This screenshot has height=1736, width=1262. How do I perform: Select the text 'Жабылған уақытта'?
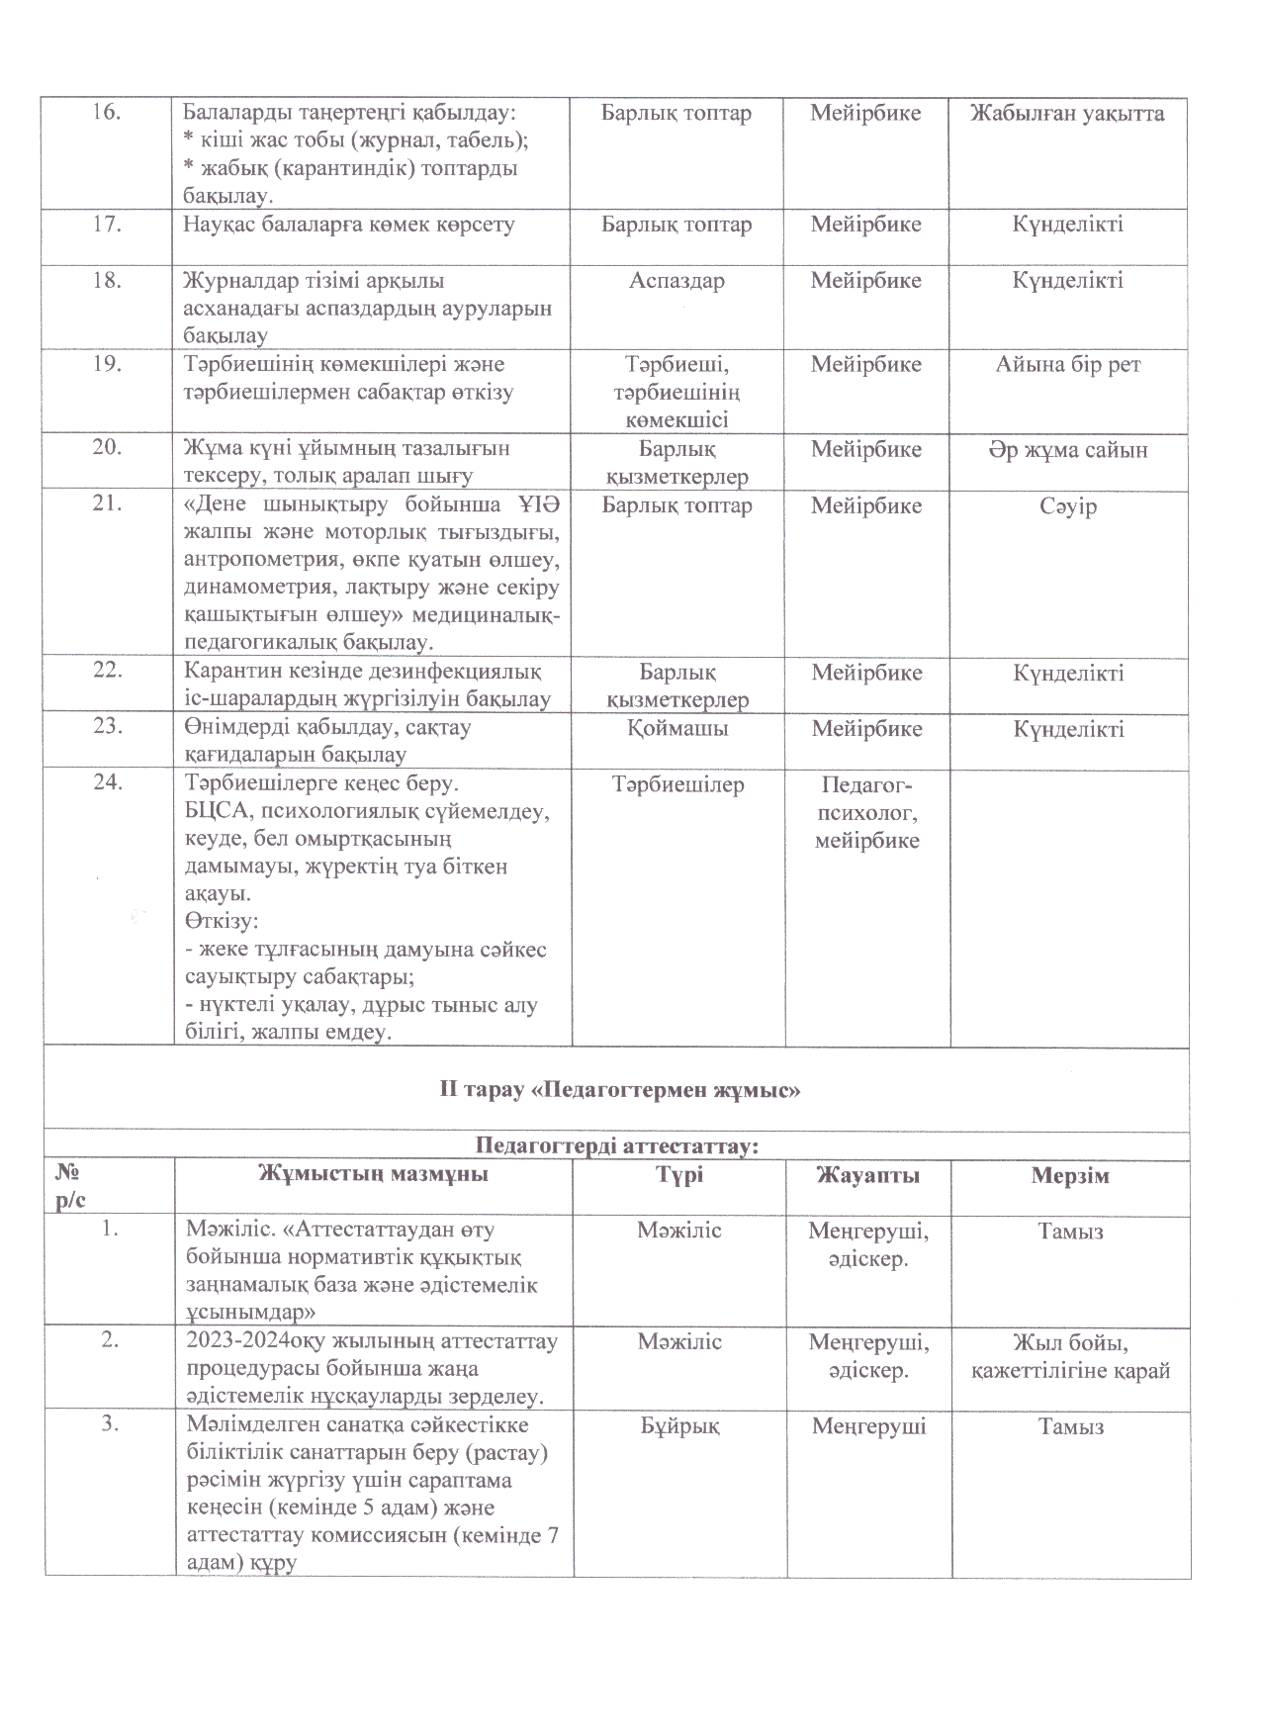[x=1067, y=113]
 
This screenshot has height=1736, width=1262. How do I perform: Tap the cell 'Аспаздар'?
[x=676, y=281]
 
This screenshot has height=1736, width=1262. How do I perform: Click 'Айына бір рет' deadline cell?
[x=1068, y=365]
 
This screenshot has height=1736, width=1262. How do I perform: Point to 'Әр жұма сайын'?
[x=1068, y=450]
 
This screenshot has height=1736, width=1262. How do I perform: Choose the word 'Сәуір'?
[x=1068, y=506]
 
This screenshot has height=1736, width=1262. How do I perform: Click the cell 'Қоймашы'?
[x=676, y=729]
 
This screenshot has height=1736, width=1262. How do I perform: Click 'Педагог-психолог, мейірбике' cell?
[x=866, y=813]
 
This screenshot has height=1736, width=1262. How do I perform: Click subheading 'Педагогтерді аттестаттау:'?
[x=617, y=1146]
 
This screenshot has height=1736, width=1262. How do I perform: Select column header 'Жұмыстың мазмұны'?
[x=373, y=1175]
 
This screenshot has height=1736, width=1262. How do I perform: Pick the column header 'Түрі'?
[x=678, y=1175]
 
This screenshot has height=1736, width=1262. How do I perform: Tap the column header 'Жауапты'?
[x=867, y=1175]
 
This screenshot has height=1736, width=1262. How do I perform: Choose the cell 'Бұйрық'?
[x=678, y=1426]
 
